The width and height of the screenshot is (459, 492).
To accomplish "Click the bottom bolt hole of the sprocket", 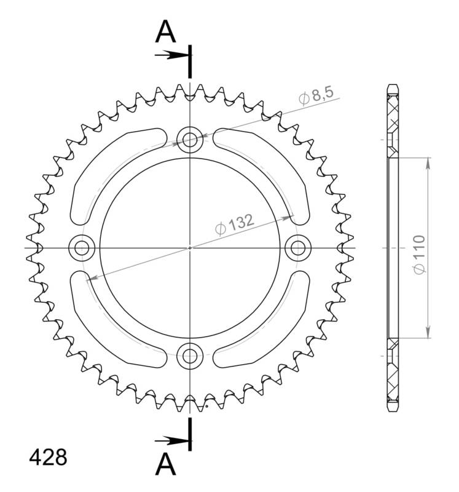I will click(x=190, y=355).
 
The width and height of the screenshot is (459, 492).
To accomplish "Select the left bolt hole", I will click(x=82, y=248).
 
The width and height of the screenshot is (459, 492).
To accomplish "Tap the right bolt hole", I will click(x=298, y=248).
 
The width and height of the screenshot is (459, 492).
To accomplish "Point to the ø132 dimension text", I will click(x=234, y=224).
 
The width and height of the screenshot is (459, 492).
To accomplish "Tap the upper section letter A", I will click(x=165, y=31).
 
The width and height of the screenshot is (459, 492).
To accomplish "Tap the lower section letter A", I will click(x=165, y=464).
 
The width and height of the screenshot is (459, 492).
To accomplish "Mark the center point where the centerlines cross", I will click(x=190, y=248).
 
